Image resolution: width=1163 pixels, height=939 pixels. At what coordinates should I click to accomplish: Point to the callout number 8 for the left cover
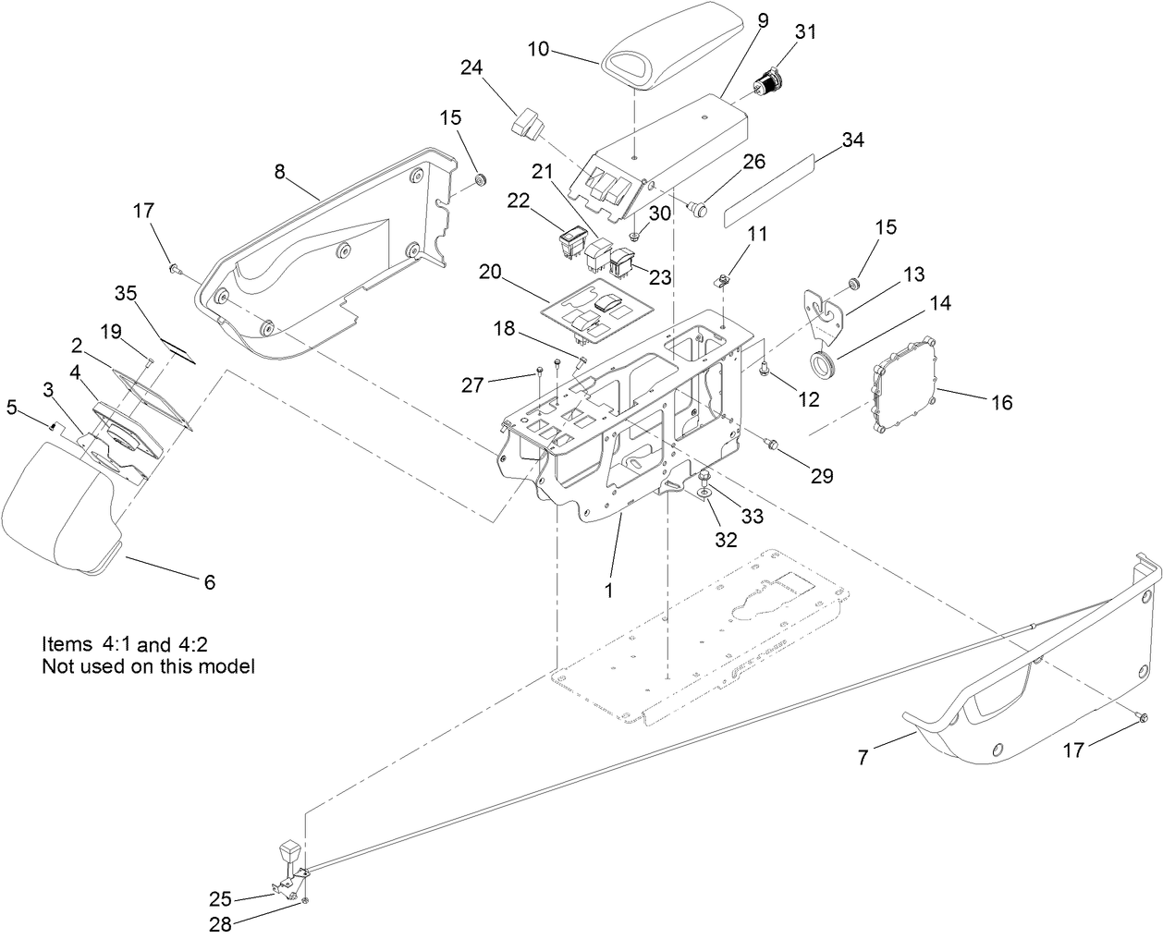[x=280, y=171]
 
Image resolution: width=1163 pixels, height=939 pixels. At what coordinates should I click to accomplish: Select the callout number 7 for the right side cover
[x=863, y=758]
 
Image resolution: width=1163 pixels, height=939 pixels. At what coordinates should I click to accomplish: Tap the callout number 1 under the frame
[x=608, y=589]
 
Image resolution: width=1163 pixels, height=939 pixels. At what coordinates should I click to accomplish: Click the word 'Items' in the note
[x=67, y=642]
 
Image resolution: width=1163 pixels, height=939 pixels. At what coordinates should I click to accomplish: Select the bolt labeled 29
[x=771, y=446]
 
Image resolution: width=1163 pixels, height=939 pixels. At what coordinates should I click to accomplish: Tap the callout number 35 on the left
[x=125, y=294]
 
